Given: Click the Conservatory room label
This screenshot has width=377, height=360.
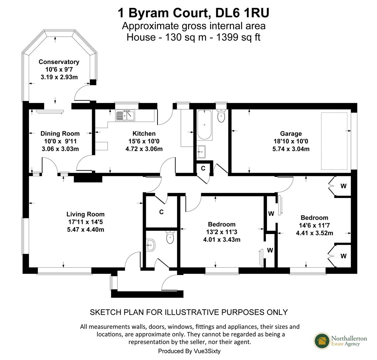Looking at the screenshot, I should pos(59,62).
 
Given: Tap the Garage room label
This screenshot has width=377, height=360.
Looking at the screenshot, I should pos(291,134).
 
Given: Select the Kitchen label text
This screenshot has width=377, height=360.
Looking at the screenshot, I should pos(144,134).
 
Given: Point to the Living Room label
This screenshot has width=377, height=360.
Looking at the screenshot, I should pos(85,214).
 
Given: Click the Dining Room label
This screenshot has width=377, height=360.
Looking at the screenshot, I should pos(60,134).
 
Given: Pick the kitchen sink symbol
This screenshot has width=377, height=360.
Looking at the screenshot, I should pos(125,115).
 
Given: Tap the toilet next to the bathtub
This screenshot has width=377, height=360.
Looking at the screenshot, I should pos(221,115).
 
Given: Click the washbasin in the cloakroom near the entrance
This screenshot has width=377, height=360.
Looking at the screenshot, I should pos(150,245).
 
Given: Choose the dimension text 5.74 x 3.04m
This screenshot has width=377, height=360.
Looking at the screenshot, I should pos(291,149).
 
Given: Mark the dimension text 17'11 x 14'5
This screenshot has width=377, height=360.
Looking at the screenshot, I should pos(85,222).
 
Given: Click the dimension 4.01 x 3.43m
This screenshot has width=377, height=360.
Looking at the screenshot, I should pos(222,240).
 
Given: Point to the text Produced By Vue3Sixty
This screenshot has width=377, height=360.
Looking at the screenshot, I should pos(189,351).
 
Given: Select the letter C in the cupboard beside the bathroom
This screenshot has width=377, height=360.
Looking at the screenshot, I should pos(203,169).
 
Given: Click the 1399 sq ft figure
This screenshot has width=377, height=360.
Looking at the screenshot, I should pos(238,37).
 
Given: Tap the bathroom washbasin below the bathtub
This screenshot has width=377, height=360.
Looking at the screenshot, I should pos(201,152).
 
